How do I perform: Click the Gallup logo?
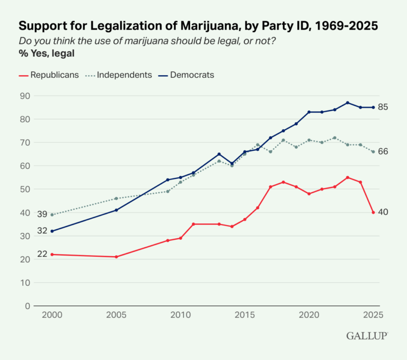(x=367, y=336)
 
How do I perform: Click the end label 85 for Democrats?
(x=383, y=107)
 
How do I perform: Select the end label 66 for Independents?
(x=383, y=152)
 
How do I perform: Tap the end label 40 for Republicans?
(x=383, y=212)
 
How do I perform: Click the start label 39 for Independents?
(x=42, y=214)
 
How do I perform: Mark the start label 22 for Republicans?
(x=42, y=254)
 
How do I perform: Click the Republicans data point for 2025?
(x=373, y=212)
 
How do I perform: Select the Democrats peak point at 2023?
(x=348, y=103)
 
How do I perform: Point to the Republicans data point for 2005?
(x=116, y=257)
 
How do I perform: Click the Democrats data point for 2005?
(x=116, y=210)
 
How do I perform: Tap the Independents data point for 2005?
(x=116, y=199)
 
